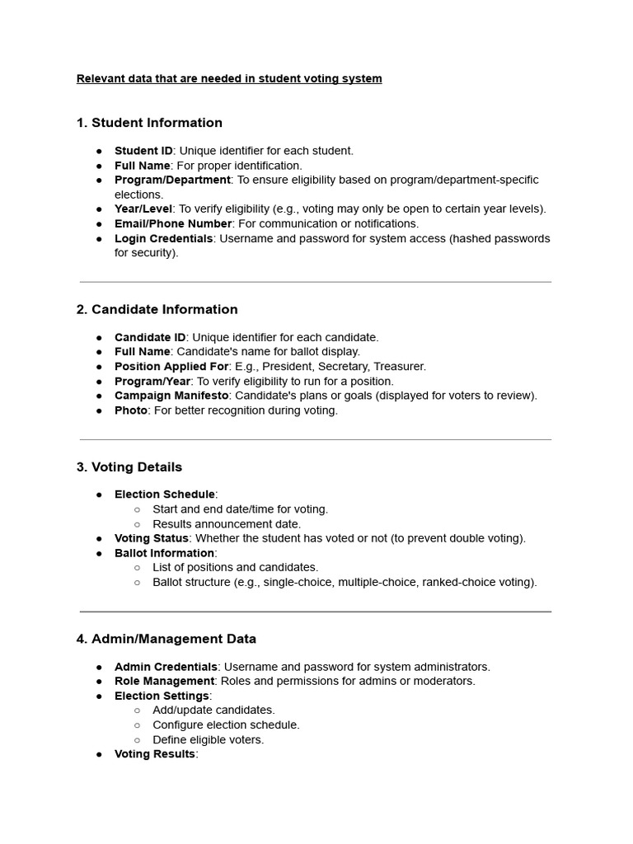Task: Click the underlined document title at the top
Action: (229, 79)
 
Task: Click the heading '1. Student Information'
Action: (149, 123)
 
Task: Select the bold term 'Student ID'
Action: (143, 151)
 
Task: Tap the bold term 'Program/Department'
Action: (172, 180)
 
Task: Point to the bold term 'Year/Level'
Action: (143, 209)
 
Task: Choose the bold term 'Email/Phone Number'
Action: (173, 223)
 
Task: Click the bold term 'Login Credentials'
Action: (164, 238)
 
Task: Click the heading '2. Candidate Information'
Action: (157, 309)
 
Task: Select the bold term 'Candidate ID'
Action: (150, 337)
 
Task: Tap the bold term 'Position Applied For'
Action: (171, 367)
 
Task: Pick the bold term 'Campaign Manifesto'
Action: (171, 396)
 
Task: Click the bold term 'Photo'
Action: (131, 410)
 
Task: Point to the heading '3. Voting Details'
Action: (129, 467)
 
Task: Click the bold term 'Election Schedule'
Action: (165, 495)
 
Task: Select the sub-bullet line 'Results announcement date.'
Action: (227, 524)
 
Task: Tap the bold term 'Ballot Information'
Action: (164, 553)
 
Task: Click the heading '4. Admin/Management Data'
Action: (166, 639)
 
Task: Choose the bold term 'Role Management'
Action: (165, 682)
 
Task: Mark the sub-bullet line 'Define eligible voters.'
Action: (209, 740)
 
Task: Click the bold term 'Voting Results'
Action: (155, 754)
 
